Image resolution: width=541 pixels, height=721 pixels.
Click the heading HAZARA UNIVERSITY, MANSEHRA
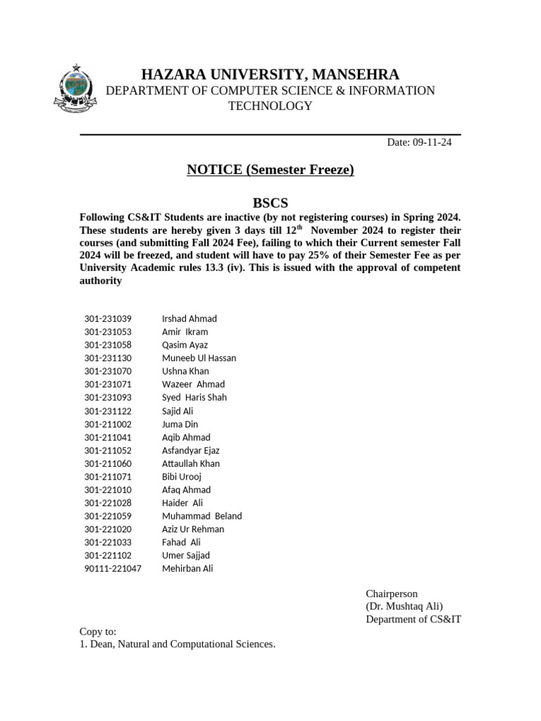tap(270, 75)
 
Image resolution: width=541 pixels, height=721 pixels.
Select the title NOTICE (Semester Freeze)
tap(270, 170)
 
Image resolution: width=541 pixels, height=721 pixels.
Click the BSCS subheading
tap(270, 203)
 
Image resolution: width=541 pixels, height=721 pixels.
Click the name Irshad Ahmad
tap(189, 319)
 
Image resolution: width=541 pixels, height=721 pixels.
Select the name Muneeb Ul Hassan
tap(199, 358)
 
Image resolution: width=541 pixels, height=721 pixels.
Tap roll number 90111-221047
tap(113, 568)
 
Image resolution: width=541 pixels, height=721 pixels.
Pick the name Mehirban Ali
tap(187, 568)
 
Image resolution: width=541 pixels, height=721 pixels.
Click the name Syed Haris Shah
tap(194, 397)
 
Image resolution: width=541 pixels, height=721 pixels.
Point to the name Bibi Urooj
tap(182, 477)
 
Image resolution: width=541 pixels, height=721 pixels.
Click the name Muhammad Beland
tap(201, 516)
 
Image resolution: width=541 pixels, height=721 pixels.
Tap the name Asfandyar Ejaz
tap(191, 451)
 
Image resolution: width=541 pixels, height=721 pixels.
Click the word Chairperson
tap(392, 594)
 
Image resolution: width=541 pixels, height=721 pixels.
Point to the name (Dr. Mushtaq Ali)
tap(404, 606)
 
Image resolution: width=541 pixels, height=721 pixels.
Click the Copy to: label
tap(98, 632)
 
